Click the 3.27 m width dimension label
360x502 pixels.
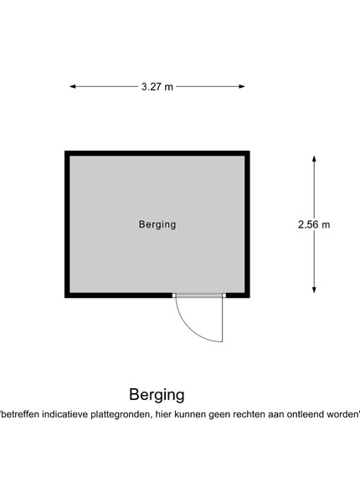click(x=157, y=87)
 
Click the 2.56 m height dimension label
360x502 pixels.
click(x=314, y=225)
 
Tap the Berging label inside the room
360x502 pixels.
click(x=157, y=224)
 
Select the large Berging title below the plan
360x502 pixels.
click(x=157, y=395)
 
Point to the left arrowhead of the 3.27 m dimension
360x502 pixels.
click(x=73, y=86)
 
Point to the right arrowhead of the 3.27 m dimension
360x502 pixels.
click(x=242, y=86)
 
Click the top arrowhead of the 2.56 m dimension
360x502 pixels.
click(x=314, y=159)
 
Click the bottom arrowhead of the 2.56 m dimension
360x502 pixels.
click(x=314, y=289)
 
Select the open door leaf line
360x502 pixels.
click(x=222, y=320)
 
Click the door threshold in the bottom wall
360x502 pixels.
click(x=199, y=295)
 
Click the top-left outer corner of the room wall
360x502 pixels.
click(x=65, y=151)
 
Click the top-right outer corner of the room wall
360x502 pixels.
click(x=249, y=151)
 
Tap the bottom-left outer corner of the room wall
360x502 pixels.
click(x=65, y=297)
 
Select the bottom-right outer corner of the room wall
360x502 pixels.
click(x=249, y=297)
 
